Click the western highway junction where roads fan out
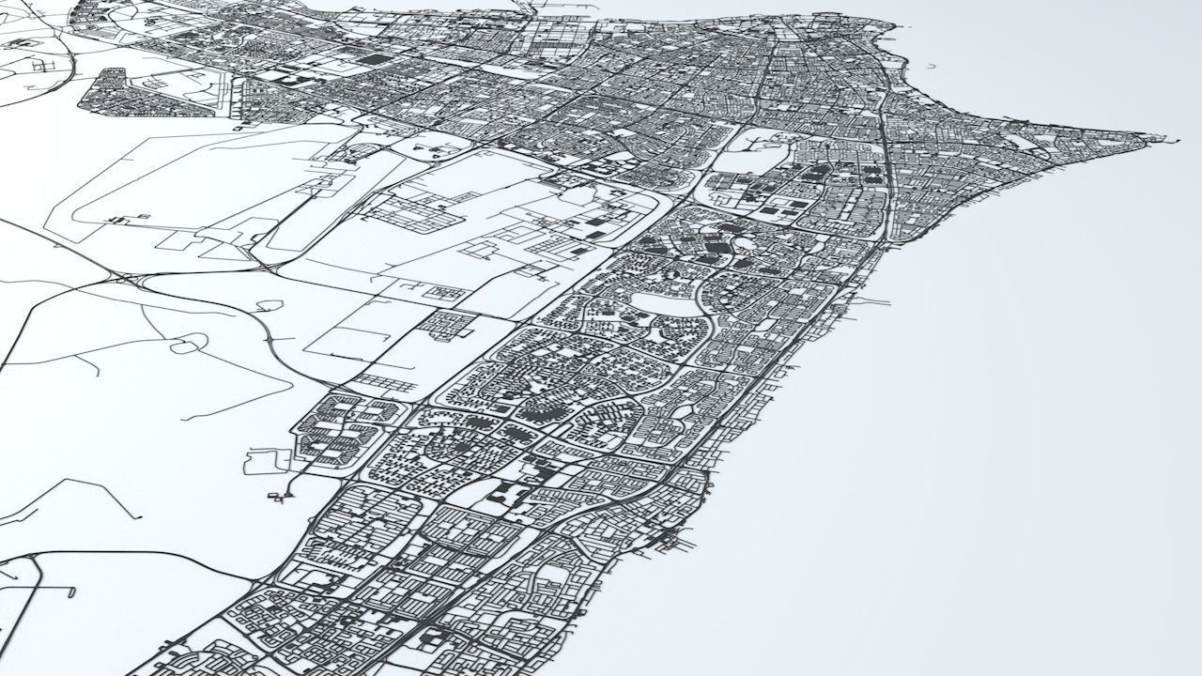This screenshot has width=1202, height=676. click(x=122, y=278)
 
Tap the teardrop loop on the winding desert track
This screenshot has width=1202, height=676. click(x=186, y=346)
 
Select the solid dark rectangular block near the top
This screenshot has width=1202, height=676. click(x=375, y=59)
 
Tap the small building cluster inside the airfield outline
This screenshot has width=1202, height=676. click(x=122, y=220)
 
